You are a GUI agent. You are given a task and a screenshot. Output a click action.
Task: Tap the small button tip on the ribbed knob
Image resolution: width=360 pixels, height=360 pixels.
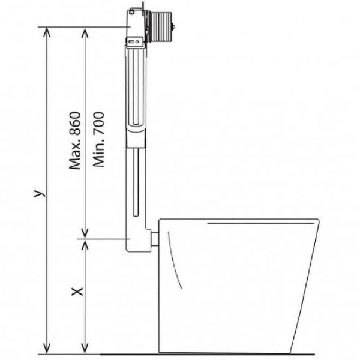pyautogui.click(x=174, y=26)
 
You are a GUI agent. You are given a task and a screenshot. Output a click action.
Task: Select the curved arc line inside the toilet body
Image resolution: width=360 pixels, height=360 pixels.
pyautogui.click(x=173, y=264)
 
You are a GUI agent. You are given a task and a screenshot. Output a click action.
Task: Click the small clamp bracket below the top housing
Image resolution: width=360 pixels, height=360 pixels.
pyautogui.click(x=135, y=41)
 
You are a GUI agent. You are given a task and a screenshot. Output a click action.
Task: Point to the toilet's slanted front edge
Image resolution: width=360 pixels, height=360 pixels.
pyautogui.click(x=305, y=288)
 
